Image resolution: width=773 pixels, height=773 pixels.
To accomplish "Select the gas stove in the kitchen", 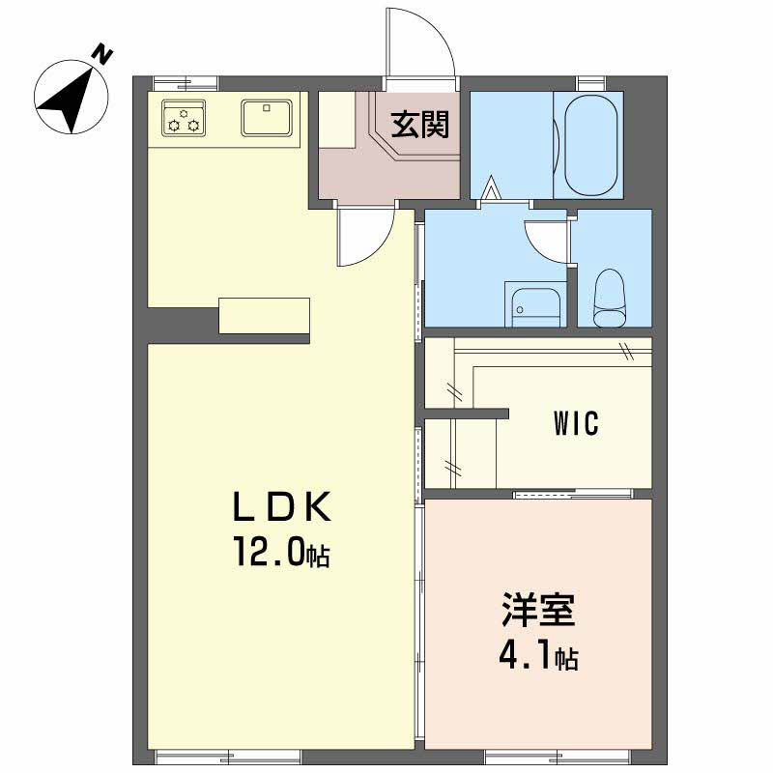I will click(184, 117).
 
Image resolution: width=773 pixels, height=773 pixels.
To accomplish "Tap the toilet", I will click(610, 299).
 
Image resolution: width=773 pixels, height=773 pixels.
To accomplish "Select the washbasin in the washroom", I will click(534, 306).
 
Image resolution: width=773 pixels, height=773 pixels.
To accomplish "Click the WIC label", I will click(576, 423).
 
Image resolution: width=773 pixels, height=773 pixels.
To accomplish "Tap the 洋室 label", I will click(538, 613).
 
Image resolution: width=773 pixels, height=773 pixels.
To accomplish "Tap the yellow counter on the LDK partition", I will click(264, 316).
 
